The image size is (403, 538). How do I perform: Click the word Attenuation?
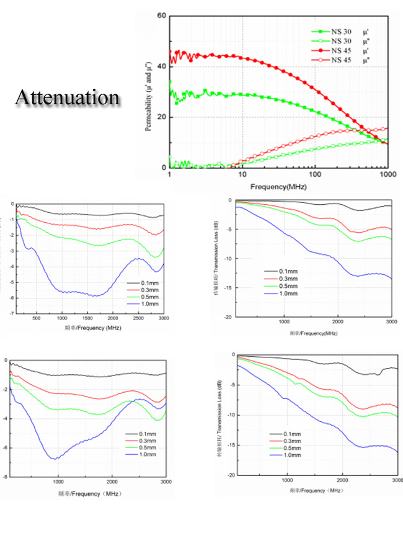pos(67,97)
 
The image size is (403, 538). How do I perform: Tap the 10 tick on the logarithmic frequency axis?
pos(242,176)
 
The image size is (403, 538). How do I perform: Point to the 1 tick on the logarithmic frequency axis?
pos(169,176)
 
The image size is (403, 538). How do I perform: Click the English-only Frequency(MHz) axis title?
pos(278,186)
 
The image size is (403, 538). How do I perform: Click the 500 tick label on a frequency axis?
pos(37,319)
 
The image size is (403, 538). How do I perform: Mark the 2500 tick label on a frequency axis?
pos(138,319)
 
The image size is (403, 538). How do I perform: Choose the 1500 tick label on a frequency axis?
pos(87,319)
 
